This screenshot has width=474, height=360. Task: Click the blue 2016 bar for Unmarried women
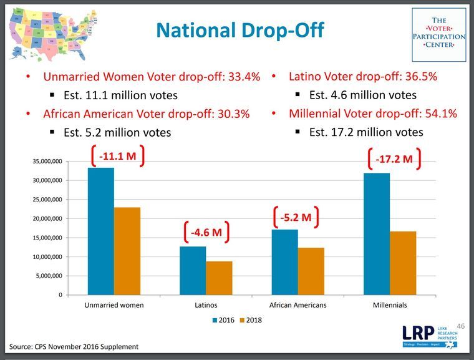point(100,231)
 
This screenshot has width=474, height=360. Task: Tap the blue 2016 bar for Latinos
point(193,270)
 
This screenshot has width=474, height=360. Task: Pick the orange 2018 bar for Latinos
point(219,278)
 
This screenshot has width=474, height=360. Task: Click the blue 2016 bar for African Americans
point(285,262)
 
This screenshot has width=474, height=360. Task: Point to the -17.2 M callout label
point(394,158)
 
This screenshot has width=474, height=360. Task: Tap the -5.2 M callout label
point(296,217)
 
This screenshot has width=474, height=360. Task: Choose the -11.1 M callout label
point(117,155)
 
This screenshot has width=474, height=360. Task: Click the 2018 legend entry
point(250,320)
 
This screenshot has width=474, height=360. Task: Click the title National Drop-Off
point(239,30)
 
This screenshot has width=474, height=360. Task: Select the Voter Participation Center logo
point(438,34)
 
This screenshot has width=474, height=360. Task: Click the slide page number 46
point(461,326)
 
